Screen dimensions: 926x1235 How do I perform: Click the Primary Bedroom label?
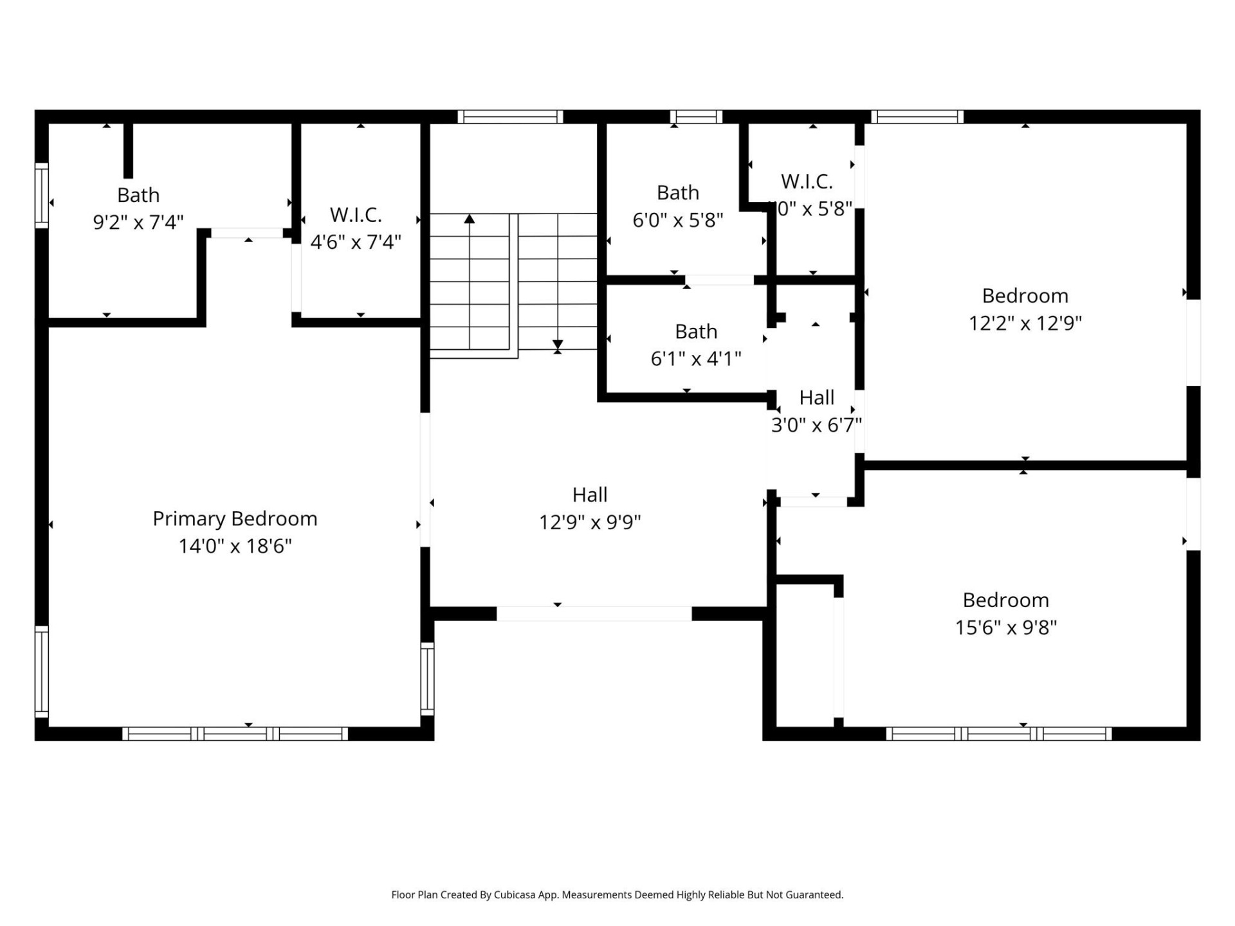235,518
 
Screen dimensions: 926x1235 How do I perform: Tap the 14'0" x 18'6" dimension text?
235,546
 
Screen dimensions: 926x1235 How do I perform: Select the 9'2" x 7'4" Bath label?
138,195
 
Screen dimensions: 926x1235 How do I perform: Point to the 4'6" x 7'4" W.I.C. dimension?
356,242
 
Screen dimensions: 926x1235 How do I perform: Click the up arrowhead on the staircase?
470,219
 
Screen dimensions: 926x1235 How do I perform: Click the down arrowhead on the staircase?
558,345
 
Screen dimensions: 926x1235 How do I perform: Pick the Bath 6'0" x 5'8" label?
678,192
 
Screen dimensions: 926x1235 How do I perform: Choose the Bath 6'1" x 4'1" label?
696,331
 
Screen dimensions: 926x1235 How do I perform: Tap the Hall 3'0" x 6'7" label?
817,397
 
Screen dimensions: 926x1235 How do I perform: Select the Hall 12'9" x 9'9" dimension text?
590,522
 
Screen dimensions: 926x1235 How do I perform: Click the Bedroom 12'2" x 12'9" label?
1025,296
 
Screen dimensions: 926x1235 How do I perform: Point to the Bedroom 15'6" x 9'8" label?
1006,600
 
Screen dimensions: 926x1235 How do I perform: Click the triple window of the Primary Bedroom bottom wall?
235,734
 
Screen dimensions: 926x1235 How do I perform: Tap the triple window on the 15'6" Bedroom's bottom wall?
999,734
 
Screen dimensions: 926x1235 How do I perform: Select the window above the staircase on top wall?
511,116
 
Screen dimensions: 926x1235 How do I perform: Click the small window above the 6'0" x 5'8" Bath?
696,116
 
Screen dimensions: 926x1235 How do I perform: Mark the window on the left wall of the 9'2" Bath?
41,195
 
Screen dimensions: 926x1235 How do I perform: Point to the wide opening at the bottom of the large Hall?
594,613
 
